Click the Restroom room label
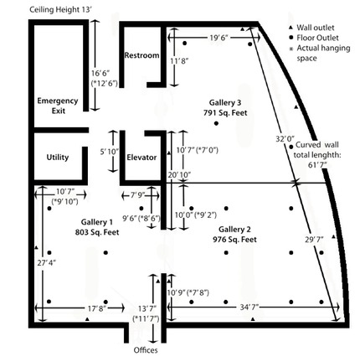point(141,55)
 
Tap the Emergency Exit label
point(58,106)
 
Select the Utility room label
point(58,156)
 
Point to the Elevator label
point(141,157)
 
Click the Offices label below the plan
point(146,350)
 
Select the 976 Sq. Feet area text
point(234,238)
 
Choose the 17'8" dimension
point(97,308)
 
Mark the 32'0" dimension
point(284,138)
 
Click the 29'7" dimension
point(315,240)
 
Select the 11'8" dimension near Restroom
point(179,61)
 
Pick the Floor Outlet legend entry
point(316,39)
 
